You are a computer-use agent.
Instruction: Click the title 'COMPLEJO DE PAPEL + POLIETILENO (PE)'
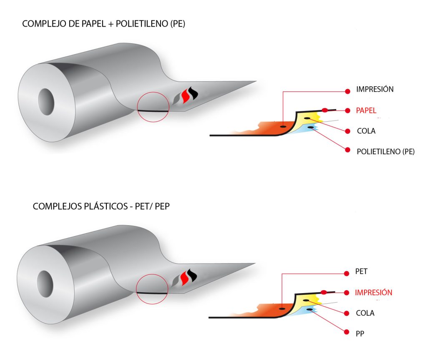coord(103,24)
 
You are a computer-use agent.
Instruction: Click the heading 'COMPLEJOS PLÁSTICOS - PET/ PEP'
coord(101,206)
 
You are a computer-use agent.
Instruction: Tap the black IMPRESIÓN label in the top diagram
coord(375,89)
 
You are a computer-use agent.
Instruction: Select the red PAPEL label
coord(366,110)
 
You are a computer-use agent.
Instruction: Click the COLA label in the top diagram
coord(366,131)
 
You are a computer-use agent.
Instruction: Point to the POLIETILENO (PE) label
coord(385,151)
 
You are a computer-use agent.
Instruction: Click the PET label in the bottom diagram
coord(361,272)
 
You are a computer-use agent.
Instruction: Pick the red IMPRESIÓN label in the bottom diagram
coord(373,292)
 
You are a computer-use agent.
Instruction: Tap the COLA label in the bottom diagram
coord(365,313)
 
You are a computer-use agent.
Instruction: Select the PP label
coord(361,333)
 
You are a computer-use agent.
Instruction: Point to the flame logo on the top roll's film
coord(186,98)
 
